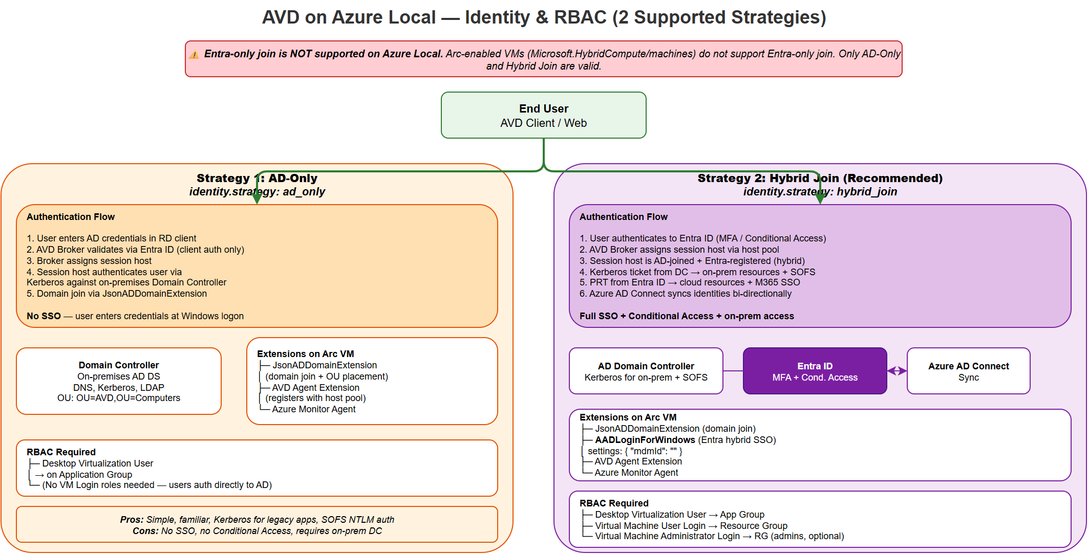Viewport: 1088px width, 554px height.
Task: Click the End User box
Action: pos(543,115)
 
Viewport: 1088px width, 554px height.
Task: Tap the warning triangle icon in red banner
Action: pos(194,55)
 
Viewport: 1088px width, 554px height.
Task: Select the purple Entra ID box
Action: pos(814,371)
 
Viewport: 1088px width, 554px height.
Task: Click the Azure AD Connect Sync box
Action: pos(968,371)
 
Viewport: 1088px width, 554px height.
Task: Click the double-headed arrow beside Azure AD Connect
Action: pos(897,371)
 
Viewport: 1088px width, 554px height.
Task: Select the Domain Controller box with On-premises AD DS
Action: pos(118,381)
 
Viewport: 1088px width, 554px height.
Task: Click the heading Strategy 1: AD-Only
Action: pos(257,178)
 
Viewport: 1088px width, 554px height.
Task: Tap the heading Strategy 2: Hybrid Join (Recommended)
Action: pos(819,178)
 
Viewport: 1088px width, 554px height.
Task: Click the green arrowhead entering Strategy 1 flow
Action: pos(257,198)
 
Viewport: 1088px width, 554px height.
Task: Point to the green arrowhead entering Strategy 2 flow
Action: pos(820,198)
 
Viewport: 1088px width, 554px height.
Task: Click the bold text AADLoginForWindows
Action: pos(645,440)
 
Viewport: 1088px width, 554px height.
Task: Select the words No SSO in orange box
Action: pos(44,316)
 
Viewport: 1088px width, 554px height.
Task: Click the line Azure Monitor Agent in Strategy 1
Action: pos(313,409)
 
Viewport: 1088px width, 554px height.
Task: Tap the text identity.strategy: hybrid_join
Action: pos(820,192)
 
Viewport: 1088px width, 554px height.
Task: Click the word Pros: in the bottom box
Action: pos(132,520)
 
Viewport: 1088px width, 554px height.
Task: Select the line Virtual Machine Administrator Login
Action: pos(667,536)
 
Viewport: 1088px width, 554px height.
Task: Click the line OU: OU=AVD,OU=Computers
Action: pos(118,398)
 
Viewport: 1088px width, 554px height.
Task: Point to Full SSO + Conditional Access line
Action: pos(686,316)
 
